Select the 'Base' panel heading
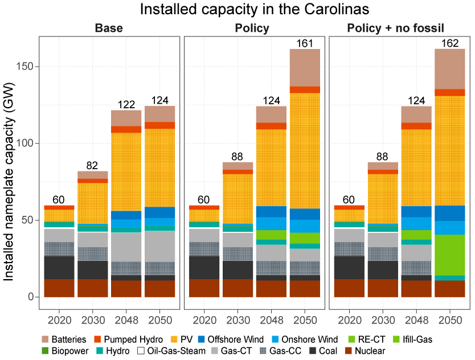109,28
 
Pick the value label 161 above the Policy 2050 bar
305,43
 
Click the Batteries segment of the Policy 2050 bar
305,67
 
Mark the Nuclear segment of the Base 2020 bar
59,288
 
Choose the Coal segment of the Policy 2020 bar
204,267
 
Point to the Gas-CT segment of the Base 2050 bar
159,246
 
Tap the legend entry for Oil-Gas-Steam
174,351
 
